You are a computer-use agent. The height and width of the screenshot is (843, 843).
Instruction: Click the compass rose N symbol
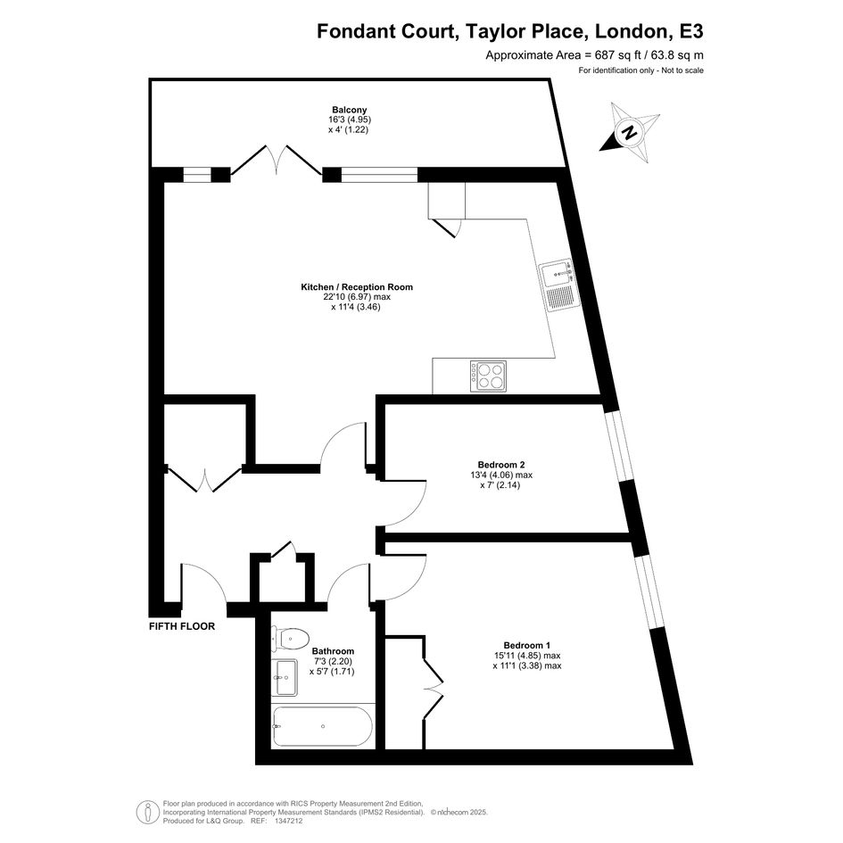630,132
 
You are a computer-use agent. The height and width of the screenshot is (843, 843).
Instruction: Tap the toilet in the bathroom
290,638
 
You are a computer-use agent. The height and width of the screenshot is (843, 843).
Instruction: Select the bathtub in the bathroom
322,726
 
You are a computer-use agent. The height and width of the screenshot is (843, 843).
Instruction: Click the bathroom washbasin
285,677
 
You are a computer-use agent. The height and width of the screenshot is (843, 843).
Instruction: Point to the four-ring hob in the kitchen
488,376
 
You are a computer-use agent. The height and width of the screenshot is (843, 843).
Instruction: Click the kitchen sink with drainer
559,287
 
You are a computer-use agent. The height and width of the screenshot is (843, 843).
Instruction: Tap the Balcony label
350,111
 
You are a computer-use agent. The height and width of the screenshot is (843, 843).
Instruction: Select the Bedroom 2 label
501,465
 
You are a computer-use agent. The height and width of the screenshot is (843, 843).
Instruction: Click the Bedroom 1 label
527,645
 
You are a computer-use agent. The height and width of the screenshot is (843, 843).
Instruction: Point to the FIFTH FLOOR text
182,626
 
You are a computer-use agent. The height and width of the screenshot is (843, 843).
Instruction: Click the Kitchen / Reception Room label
357,287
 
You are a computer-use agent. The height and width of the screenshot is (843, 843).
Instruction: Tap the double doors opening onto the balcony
277,159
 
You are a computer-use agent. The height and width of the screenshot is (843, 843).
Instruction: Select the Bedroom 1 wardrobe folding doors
433,687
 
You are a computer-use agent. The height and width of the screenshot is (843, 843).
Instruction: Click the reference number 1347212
289,821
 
